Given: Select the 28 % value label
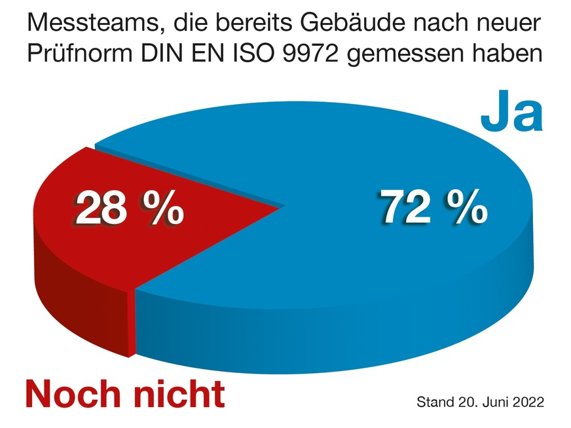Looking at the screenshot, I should point(129,209).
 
